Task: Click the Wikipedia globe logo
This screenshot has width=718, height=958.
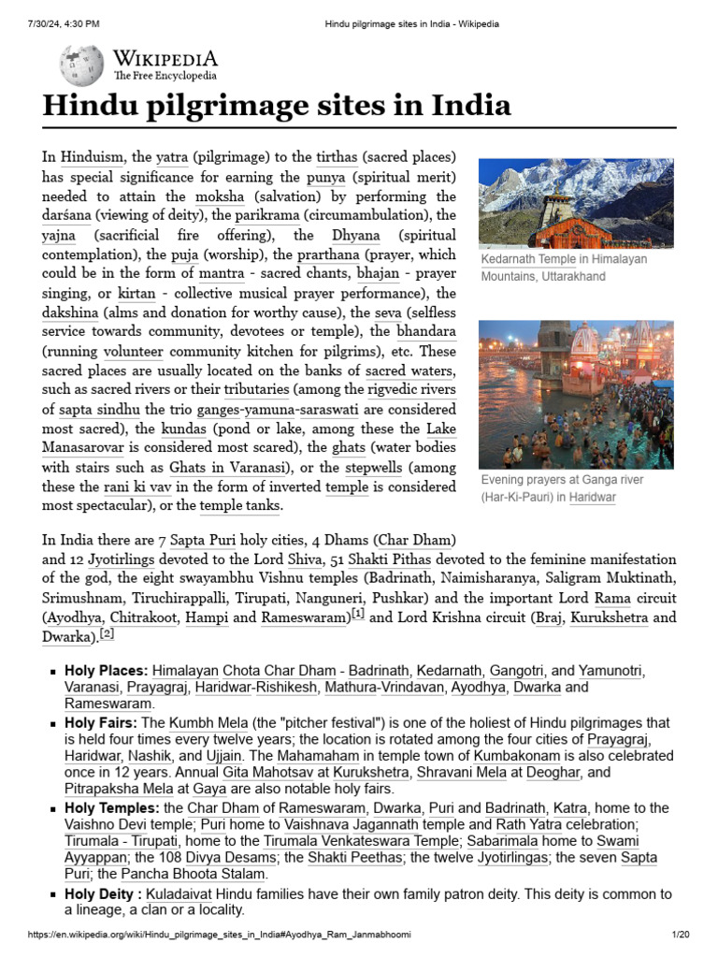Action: click(x=82, y=65)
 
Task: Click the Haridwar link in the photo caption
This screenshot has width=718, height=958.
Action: click(x=593, y=498)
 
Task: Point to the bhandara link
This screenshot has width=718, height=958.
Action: click(x=426, y=332)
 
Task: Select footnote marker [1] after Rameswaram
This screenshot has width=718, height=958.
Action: click(x=357, y=614)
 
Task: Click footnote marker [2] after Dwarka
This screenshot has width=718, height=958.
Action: click(x=107, y=633)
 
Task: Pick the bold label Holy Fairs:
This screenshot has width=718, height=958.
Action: click(x=101, y=723)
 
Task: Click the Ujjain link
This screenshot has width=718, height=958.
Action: click(x=223, y=755)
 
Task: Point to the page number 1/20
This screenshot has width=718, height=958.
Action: click(x=680, y=935)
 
